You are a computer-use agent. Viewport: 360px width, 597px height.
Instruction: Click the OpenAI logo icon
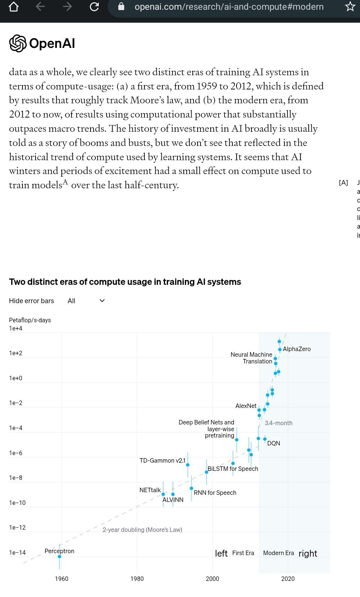coord(18,43)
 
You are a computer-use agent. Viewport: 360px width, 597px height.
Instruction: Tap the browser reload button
coord(94,7)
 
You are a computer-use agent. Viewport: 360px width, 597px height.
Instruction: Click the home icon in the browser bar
coord(13,7)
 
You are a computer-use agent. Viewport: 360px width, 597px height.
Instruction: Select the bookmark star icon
coord(350,7)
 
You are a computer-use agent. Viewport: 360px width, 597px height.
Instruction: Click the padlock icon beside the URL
coord(121,7)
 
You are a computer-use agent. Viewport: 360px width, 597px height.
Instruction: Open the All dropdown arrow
coord(102,301)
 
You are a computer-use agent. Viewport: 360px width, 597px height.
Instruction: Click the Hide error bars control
coord(31,301)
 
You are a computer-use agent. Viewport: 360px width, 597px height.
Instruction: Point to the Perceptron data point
coord(60,557)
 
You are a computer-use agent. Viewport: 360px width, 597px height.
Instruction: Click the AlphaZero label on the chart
coord(297,349)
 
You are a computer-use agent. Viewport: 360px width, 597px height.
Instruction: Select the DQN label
coord(274,443)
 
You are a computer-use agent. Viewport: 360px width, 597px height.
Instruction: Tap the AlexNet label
coord(246,406)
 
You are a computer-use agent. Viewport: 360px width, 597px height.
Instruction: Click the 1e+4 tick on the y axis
coord(16,328)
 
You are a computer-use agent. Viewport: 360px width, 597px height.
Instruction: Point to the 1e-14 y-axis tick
coord(17,552)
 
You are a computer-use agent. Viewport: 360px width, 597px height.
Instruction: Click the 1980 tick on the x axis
coord(137,579)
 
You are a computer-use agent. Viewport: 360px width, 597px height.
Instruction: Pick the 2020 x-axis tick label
coord(288,579)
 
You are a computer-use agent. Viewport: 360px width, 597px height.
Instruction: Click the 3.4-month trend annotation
coord(278,423)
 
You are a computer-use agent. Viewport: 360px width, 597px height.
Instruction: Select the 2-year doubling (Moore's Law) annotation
coord(142,530)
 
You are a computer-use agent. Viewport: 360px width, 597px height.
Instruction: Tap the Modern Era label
coord(278,553)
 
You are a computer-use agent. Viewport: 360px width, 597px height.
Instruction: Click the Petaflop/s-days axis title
coord(30,320)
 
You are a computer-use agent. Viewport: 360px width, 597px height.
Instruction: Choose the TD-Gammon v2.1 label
coord(162,460)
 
